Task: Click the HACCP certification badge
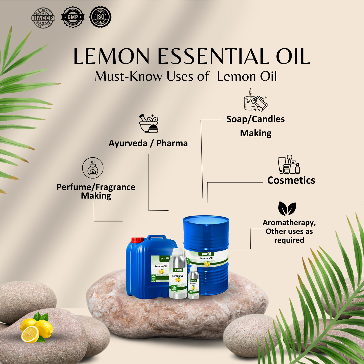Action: (43, 18)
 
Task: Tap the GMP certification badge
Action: (73, 17)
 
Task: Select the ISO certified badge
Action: (100, 17)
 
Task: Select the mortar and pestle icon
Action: (149, 123)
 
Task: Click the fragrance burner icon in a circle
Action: (93, 168)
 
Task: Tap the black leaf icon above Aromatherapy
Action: (287, 208)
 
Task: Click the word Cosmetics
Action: (291, 180)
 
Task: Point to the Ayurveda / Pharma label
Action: (148, 143)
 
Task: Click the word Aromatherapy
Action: (289, 223)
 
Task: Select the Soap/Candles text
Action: (255, 119)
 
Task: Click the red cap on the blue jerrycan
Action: (137, 240)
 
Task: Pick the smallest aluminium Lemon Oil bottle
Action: (193, 283)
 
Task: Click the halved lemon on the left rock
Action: (30, 334)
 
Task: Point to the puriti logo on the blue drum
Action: (206, 254)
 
